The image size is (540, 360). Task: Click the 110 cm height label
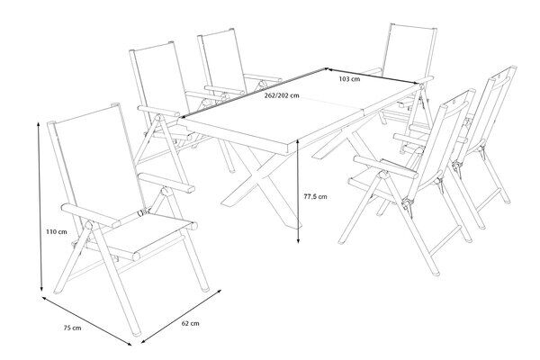click(x=57, y=232)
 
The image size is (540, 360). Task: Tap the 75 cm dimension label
click(x=72, y=328)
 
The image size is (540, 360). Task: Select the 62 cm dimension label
click(x=191, y=323)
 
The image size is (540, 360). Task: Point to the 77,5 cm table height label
click(x=316, y=197)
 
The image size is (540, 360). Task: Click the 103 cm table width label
click(x=349, y=79)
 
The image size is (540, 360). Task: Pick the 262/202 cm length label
click(x=282, y=95)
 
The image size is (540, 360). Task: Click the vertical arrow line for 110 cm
click(x=40, y=207)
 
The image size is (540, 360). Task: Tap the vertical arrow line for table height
click(x=298, y=192)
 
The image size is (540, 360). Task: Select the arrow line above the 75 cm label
click(x=86, y=321)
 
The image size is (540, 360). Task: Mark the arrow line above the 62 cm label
click(x=181, y=317)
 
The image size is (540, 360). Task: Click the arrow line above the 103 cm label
click(x=373, y=76)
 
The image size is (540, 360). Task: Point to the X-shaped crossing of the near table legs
click(x=262, y=176)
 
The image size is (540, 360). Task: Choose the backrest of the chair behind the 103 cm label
click(x=409, y=51)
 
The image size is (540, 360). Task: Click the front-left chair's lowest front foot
click(x=137, y=334)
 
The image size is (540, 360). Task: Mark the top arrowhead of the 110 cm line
click(x=39, y=123)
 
